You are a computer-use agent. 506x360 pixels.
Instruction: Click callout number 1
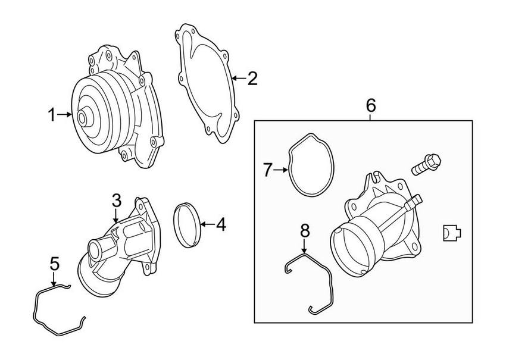[x=52, y=114]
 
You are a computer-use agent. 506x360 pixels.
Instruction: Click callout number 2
[x=252, y=78]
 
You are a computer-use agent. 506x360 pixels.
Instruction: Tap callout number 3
[x=117, y=201]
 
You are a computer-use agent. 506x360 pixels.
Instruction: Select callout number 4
[x=221, y=224]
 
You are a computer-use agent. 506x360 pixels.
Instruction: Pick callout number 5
[x=54, y=263]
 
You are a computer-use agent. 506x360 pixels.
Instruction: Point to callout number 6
[x=370, y=105]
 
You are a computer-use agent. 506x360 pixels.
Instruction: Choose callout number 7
[x=267, y=171]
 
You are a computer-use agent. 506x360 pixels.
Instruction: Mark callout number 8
[x=305, y=230]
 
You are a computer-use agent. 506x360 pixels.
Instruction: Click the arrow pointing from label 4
[x=205, y=224]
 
